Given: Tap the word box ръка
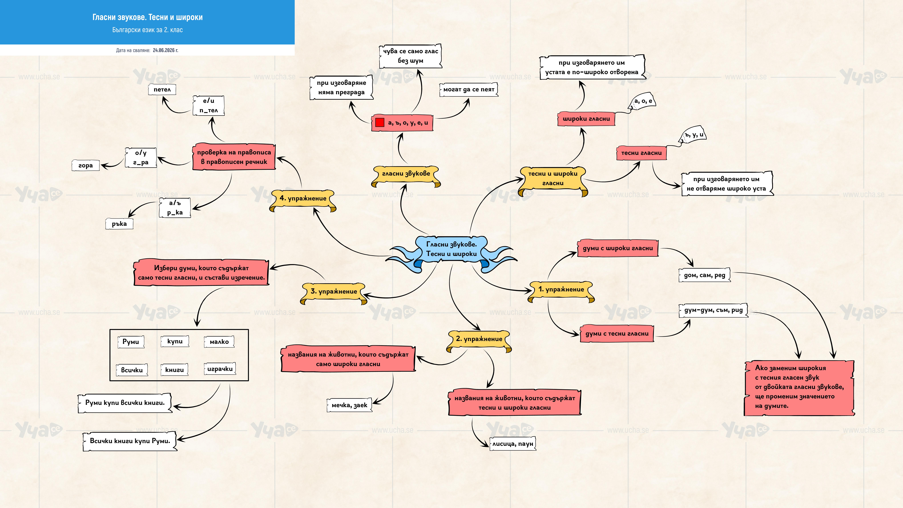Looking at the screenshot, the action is coord(119,224).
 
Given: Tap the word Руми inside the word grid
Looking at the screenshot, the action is coord(131,342).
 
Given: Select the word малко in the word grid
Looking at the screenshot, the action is coord(219,342).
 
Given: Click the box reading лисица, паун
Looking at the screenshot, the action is coord(512,443).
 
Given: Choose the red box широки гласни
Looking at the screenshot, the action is coord(586,119).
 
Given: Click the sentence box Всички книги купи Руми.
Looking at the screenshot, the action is coord(130,441).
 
